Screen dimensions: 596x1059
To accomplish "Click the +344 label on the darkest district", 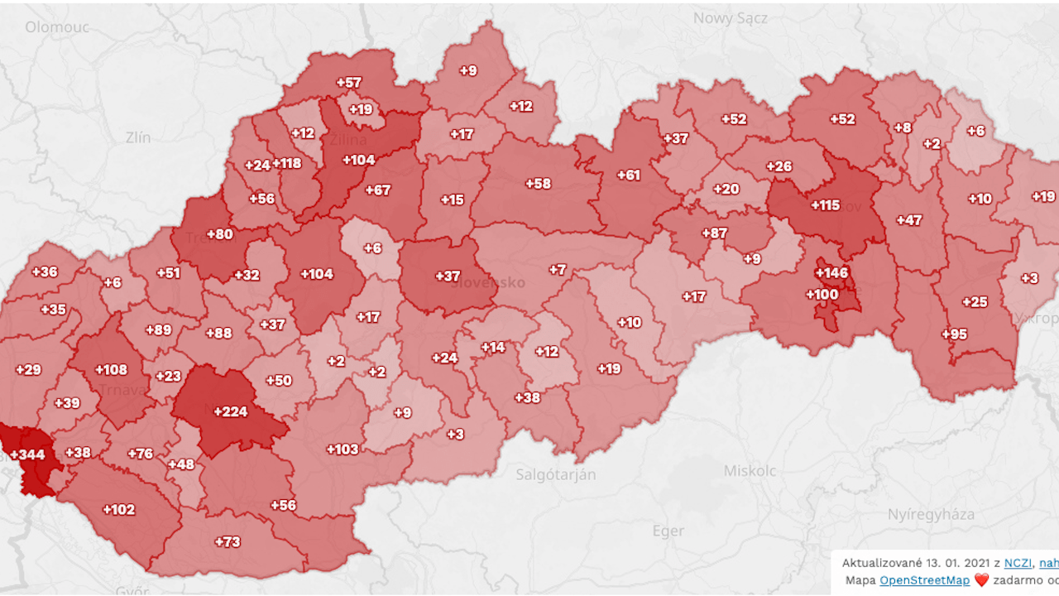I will tap(27, 454).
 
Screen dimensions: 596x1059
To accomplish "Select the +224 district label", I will tap(230, 411).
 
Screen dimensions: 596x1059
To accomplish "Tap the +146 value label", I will tap(831, 272).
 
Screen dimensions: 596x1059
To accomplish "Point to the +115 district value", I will tap(825, 204).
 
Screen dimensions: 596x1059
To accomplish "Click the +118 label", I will tap(286, 163).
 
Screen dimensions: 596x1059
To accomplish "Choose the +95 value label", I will tap(954, 334).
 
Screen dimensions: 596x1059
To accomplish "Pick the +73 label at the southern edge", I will tap(228, 541).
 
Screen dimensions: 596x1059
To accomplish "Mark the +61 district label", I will tap(628, 175).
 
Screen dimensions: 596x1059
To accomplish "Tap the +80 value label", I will tap(219, 234).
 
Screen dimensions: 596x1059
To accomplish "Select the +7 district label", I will tap(558, 269).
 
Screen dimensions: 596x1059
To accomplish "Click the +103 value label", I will tap(343, 449).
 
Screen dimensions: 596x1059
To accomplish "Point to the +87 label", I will tap(714, 233).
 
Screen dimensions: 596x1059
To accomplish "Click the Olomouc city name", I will tap(56, 26).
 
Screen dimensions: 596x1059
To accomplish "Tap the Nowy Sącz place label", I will tap(731, 17).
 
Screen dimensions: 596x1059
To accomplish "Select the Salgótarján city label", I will tap(555, 474).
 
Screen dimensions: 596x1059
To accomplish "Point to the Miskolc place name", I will tap(750, 470).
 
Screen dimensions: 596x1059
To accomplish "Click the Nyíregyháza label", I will tap(931, 513).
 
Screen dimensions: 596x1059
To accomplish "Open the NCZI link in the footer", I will tap(1018, 563).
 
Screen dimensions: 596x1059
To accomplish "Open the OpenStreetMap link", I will tap(924, 580).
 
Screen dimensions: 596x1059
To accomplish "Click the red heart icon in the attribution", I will tap(981, 580).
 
